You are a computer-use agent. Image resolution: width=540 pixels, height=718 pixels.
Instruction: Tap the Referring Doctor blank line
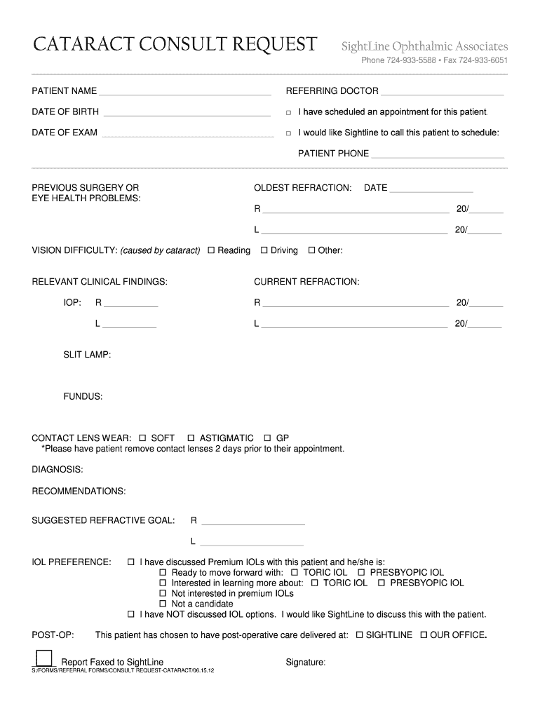443,93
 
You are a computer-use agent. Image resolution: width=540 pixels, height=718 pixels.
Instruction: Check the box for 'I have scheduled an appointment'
288,113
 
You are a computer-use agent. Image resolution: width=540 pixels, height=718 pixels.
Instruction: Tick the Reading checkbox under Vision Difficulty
211,250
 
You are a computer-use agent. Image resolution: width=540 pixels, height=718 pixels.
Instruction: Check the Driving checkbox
264,250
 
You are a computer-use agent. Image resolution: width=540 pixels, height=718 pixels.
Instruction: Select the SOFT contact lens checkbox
143,438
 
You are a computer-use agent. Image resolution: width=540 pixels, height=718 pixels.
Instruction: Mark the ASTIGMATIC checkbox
191,438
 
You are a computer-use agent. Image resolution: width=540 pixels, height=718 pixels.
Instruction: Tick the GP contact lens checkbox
267,438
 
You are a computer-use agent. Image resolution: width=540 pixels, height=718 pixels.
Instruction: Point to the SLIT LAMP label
87,355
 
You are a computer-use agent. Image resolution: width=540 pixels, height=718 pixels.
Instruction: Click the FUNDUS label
83,397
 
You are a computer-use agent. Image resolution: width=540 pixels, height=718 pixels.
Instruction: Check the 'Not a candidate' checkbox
163,604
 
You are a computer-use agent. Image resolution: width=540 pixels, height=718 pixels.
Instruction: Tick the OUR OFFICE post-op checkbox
424,635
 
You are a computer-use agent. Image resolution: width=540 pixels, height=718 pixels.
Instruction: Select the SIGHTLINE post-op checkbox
360,635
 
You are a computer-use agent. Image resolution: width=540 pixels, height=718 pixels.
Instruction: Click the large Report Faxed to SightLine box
43,658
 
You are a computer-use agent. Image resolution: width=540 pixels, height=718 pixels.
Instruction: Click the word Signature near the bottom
305,663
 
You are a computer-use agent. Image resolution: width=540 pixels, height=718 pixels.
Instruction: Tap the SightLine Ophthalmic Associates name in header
424,47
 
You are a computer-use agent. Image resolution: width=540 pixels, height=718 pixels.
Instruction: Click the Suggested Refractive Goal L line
252,544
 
